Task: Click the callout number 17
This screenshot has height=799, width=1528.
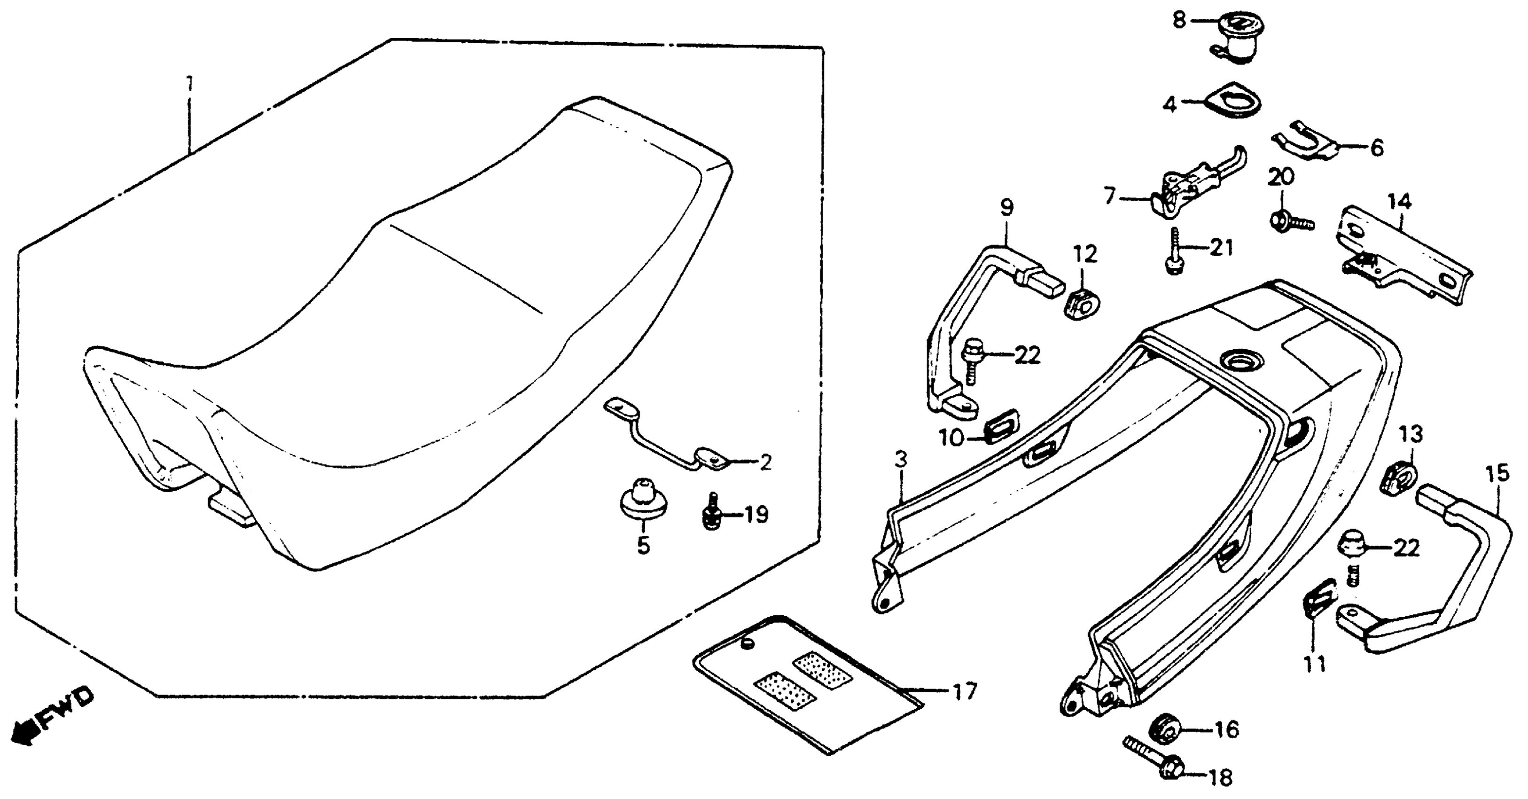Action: (x=965, y=690)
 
